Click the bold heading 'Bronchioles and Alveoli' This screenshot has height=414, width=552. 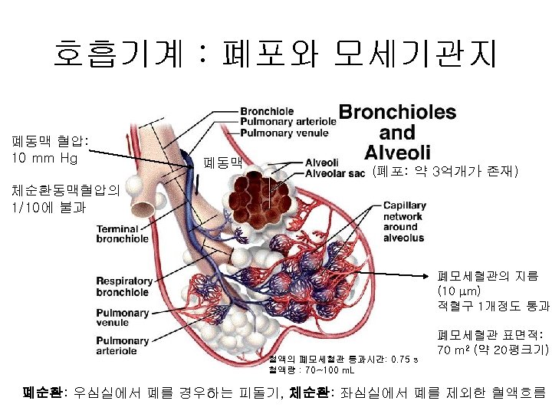397,131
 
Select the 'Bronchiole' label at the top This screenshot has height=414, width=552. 266,110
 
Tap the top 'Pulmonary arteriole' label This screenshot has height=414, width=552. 287,121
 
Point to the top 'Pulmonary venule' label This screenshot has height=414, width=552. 284,132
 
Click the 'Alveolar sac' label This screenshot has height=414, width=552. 334,173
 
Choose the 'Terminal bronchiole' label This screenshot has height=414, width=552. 122,234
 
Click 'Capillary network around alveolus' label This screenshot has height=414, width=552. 403,222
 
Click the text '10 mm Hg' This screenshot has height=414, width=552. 45,159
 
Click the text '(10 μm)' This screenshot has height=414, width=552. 459,291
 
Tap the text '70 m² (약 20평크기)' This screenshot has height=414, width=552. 491,350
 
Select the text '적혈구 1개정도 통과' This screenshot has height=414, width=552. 493,307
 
